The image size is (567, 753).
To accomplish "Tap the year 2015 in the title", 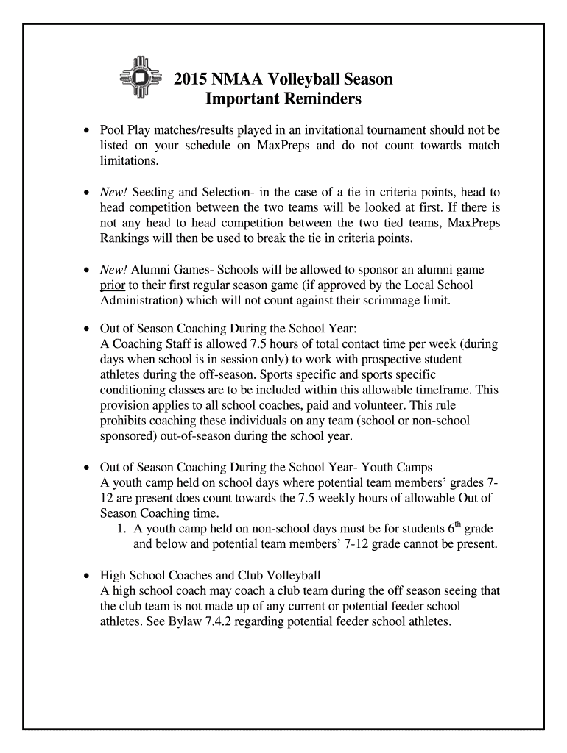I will (189, 79).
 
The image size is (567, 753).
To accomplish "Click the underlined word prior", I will (112, 285).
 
